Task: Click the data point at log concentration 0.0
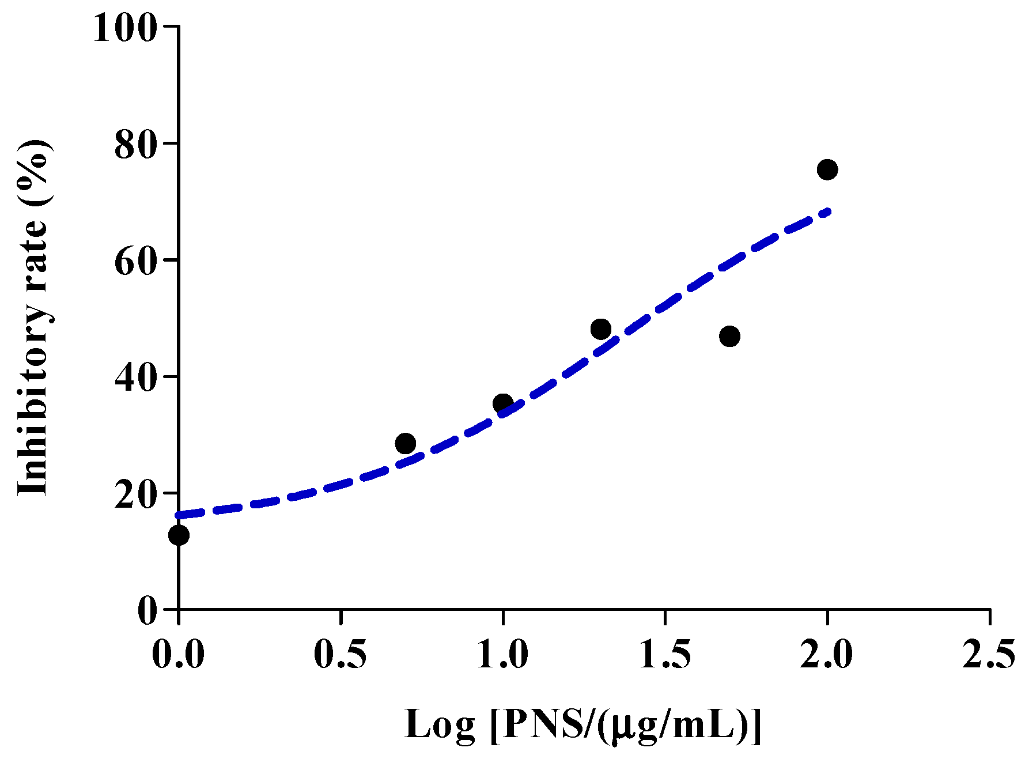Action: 179,535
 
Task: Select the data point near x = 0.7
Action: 406,443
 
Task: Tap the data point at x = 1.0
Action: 503,403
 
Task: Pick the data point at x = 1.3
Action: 600,329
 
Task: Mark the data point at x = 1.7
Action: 729,336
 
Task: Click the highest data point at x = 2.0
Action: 827,169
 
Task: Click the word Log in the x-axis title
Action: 440,724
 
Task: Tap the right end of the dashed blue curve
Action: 828,212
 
